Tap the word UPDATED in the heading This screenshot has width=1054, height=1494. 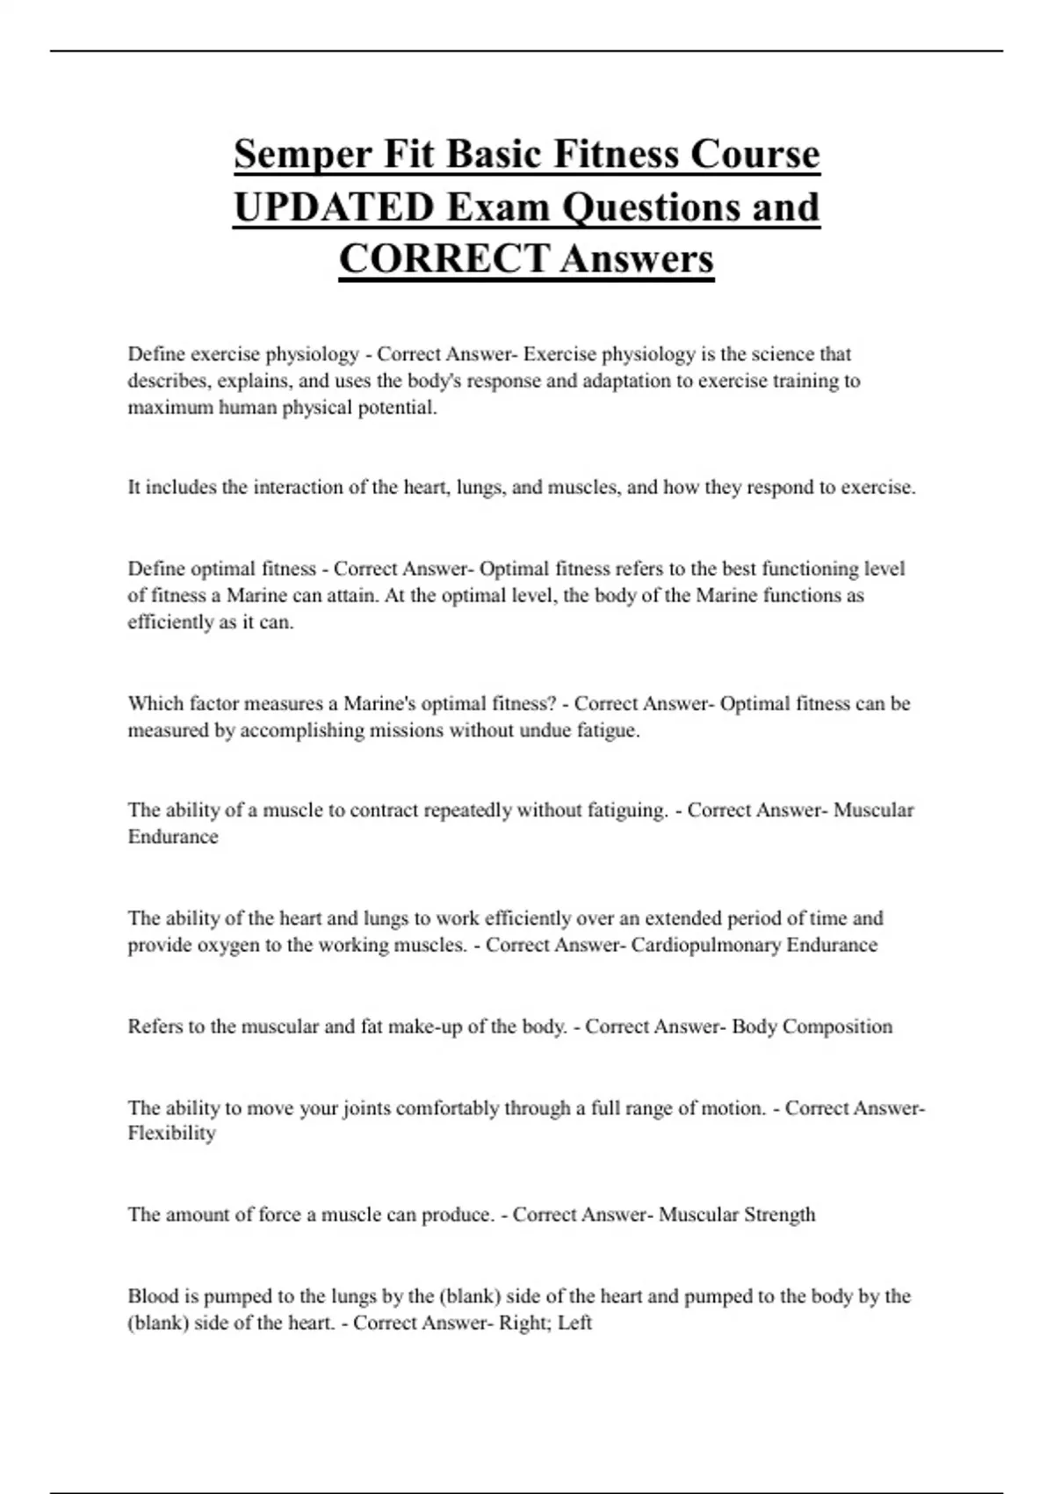[334, 207]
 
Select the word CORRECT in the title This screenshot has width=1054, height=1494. [444, 259]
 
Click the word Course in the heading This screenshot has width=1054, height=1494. [755, 155]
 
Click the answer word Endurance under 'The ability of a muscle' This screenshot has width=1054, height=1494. [173, 837]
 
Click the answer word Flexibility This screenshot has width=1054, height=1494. [171, 1133]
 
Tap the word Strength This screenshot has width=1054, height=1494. [780, 1215]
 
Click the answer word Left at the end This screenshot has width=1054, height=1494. [574, 1323]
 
